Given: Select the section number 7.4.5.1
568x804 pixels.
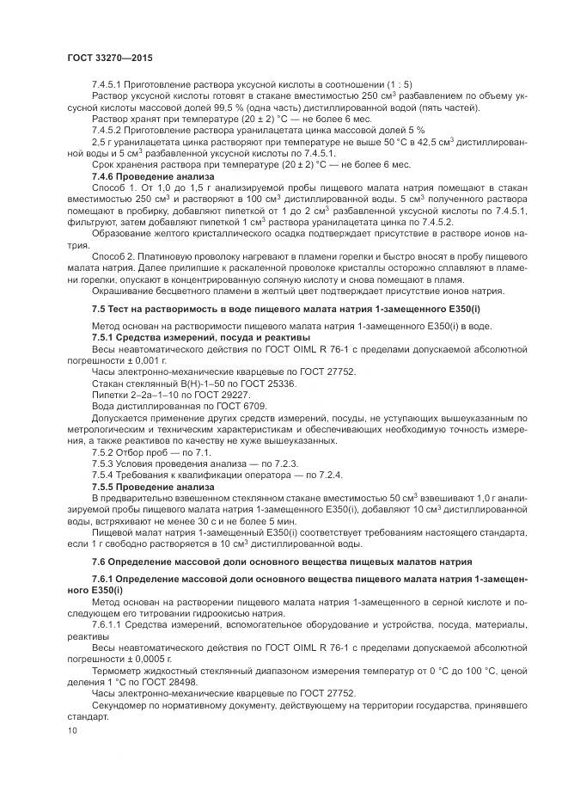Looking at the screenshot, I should [107, 84].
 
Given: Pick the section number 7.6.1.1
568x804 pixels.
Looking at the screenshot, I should [107, 626].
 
